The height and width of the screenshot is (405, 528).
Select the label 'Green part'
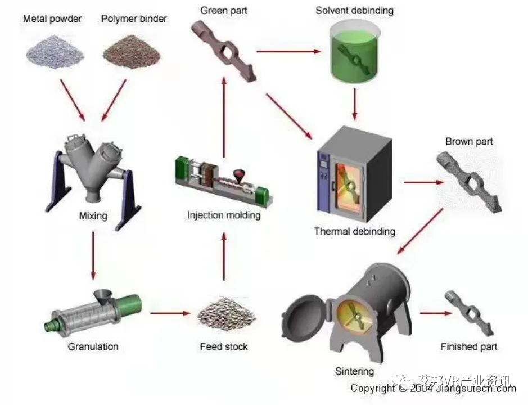(x=223, y=10)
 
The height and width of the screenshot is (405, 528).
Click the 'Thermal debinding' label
(x=354, y=231)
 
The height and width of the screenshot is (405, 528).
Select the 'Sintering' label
(x=354, y=371)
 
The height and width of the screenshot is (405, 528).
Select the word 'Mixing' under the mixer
(x=93, y=215)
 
